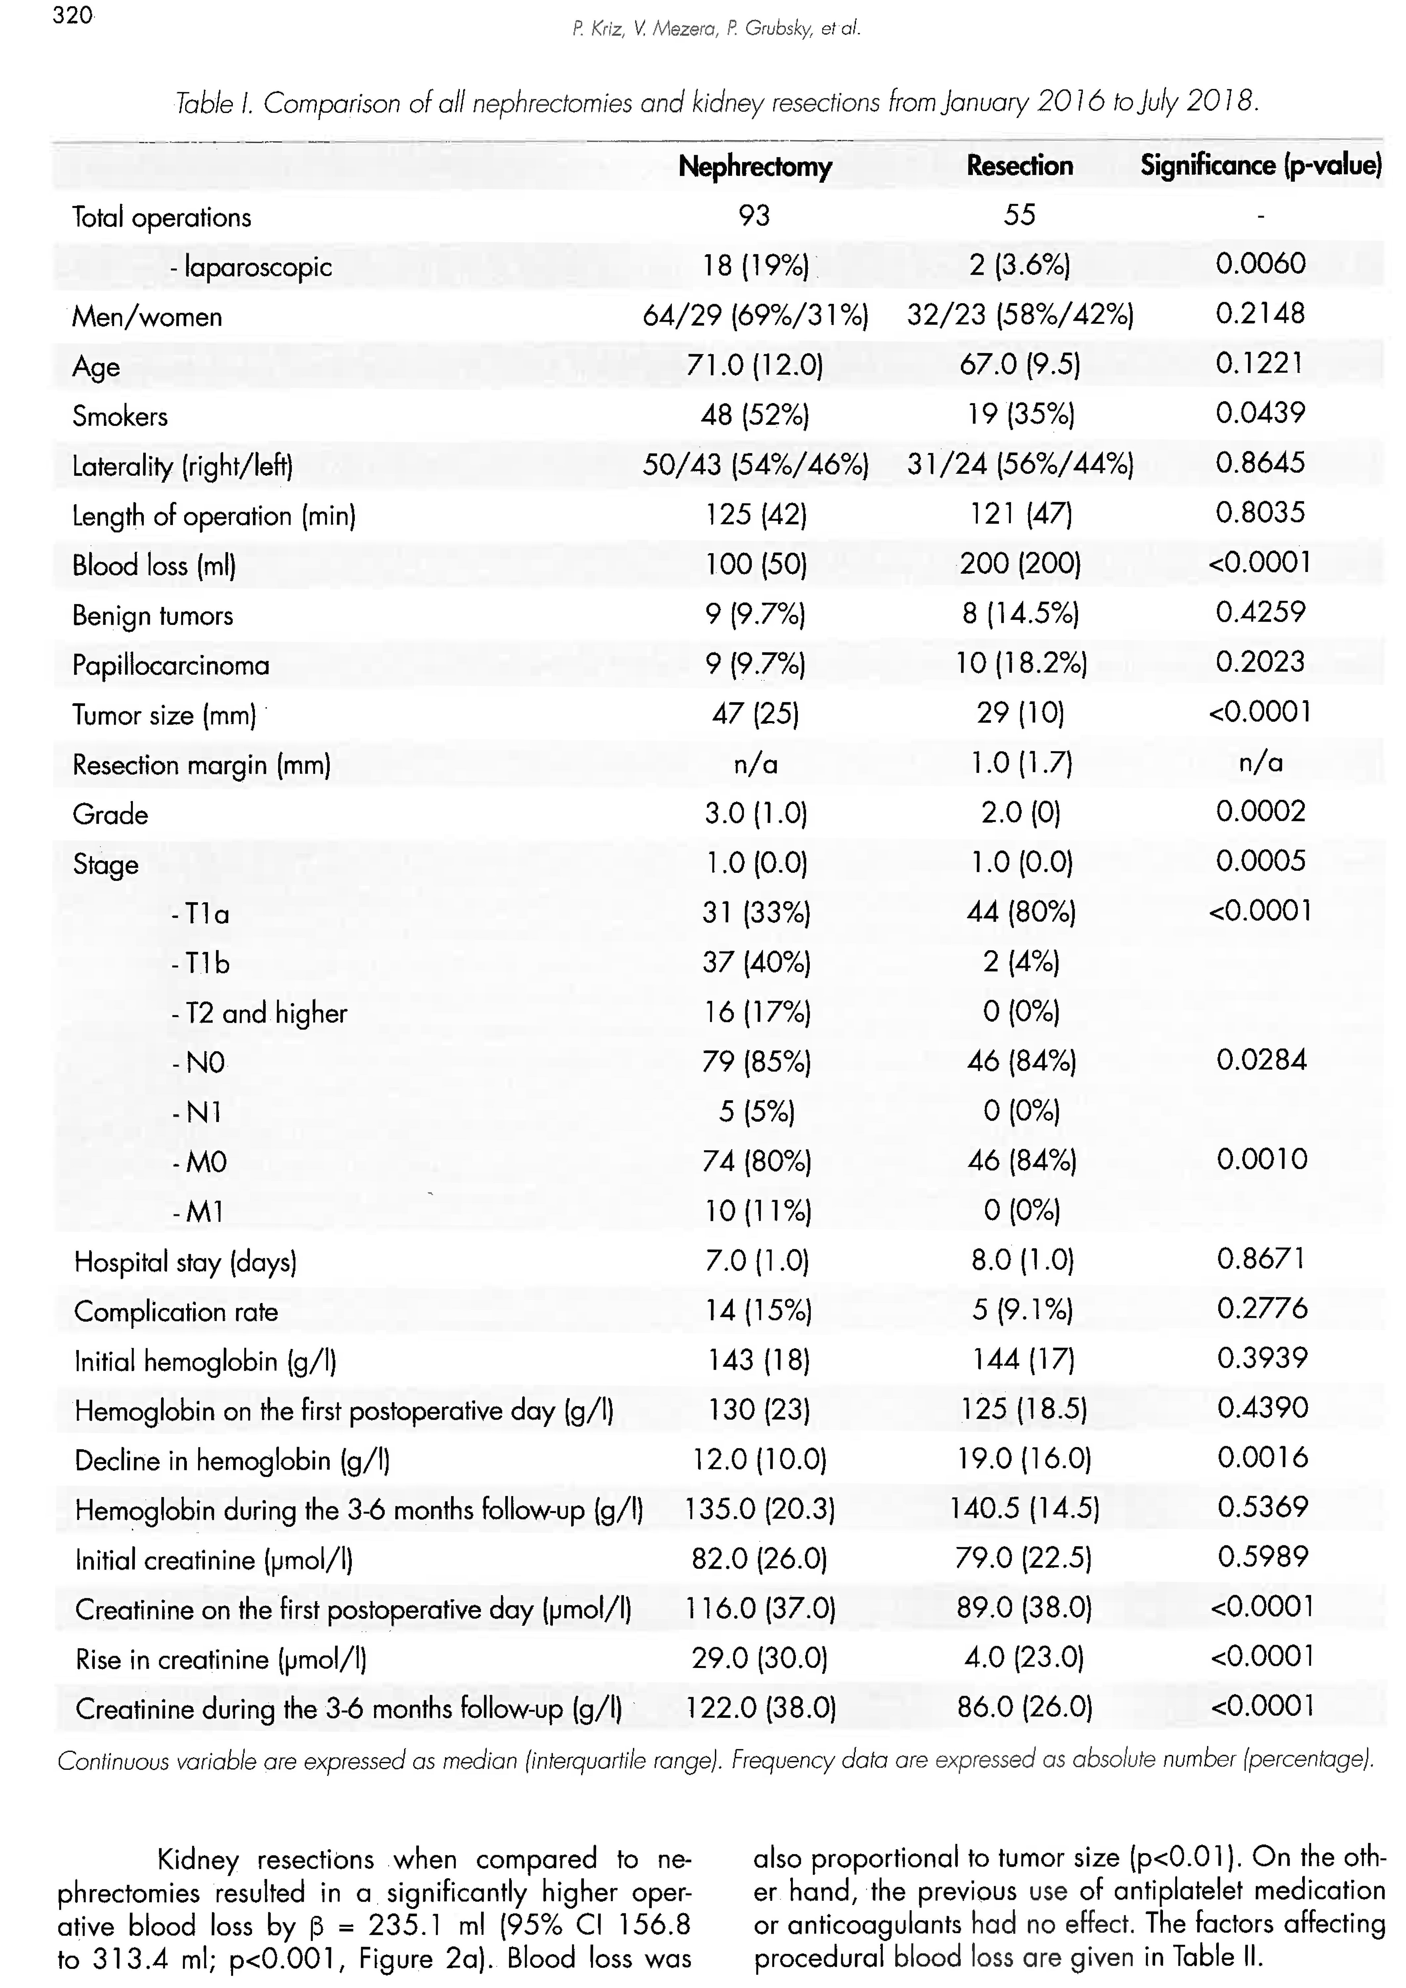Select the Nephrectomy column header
tap(755, 166)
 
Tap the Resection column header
tap(1019, 165)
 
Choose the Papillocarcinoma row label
tap(171, 665)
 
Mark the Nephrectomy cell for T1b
tap(756, 962)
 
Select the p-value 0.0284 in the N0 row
tap(1261, 1060)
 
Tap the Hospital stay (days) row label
tap(185, 1262)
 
